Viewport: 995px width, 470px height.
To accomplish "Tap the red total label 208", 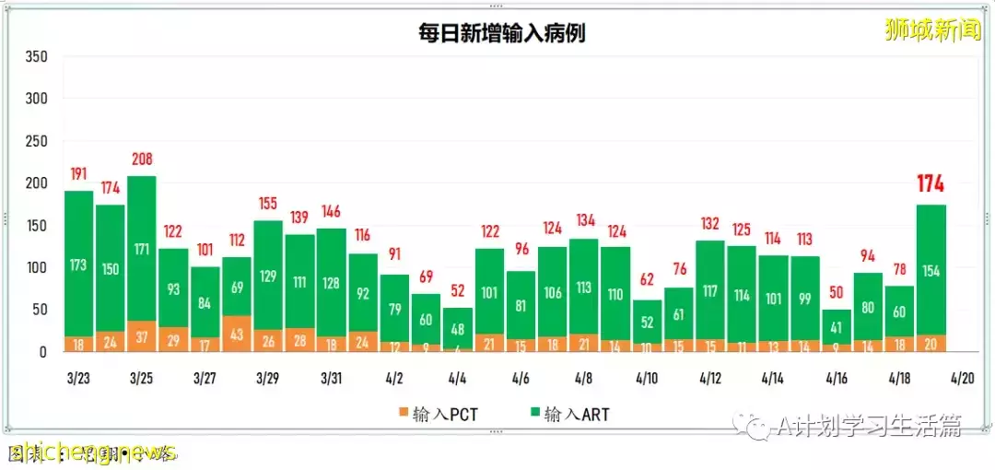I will (142, 159).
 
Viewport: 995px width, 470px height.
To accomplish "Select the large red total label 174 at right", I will (931, 184).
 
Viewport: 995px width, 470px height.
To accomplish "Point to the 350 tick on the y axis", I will (36, 56).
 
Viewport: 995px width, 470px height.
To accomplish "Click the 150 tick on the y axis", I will (36, 225).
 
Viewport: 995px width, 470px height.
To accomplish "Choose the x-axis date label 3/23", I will (78, 379).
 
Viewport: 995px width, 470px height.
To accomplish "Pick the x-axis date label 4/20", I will (963, 379).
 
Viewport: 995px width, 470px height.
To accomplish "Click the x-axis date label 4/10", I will (647, 379).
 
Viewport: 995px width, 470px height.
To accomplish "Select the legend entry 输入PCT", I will (440, 415).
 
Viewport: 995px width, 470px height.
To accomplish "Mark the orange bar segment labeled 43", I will (237, 334).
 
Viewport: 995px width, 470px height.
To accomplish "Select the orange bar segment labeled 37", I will (142, 336).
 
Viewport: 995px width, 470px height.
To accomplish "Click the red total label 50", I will (837, 292).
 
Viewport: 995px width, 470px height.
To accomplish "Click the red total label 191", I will (78, 173).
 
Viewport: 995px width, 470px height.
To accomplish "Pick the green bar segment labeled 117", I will (710, 289).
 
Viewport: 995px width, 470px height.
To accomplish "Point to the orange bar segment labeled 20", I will (931, 343).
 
